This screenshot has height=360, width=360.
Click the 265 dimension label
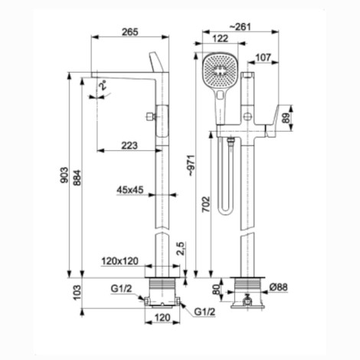[129, 32]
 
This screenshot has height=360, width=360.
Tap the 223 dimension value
[129, 146]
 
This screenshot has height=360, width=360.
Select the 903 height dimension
[64, 175]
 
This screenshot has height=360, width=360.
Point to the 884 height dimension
[77, 178]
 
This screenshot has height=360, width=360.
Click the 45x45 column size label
[130, 190]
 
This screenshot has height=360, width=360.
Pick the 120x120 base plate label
[119, 261]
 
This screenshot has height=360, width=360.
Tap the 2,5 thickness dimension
[180, 249]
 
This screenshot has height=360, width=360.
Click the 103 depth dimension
[77, 293]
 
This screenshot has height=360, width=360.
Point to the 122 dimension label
[221, 38]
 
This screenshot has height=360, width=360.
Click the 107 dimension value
[263, 57]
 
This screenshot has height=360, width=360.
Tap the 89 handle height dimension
[286, 119]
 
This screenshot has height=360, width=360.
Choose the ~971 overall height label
[191, 165]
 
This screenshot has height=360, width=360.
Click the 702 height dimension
[206, 204]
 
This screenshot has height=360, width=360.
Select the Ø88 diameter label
[279, 287]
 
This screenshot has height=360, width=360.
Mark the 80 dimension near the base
[216, 290]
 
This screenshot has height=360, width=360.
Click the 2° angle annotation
[103, 85]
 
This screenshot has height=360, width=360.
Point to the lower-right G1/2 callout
[205, 312]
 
